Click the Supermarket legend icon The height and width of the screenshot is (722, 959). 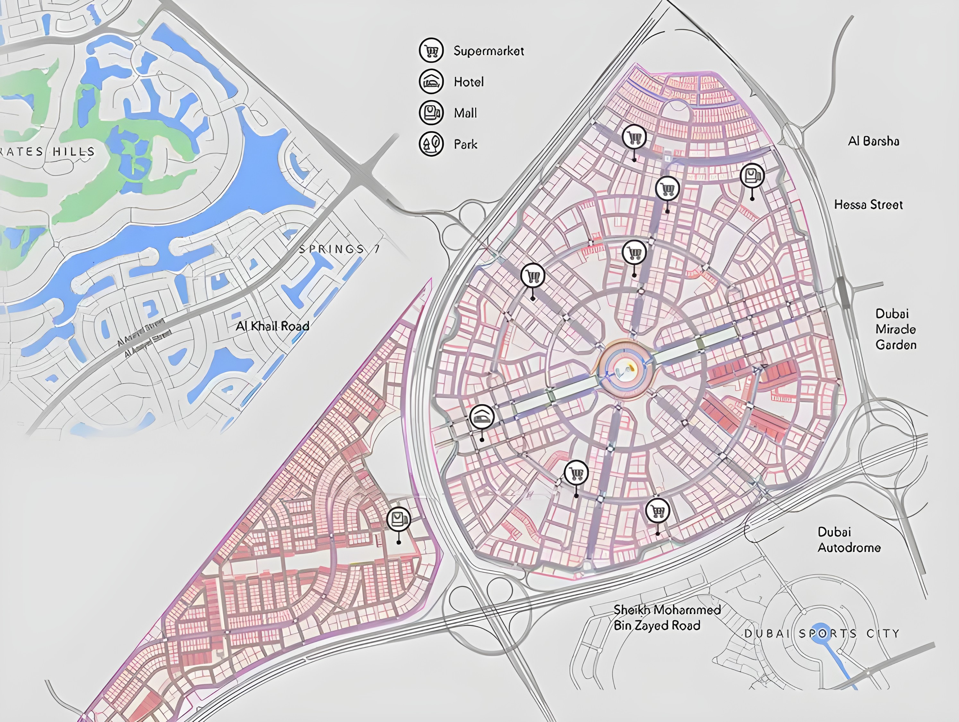[x=431, y=51]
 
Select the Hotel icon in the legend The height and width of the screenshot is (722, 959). [x=431, y=81]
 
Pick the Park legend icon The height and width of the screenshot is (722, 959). [x=431, y=144]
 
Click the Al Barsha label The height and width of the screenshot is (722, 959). [x=873, y=141]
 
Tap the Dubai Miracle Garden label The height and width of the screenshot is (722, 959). [x=895, y=329]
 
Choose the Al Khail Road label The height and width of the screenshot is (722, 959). [x=272, y=326]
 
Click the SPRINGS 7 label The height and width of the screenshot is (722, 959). [x=339, y=249]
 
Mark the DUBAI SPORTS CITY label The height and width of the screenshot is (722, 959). [x=822, y=633]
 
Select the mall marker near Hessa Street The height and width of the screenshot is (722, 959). [x=752, y=176]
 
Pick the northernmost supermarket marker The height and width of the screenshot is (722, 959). [x=634, y=137]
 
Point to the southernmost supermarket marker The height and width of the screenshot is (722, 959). [x=657, y=511]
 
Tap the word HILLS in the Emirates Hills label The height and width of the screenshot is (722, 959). [x=74, y=152]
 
